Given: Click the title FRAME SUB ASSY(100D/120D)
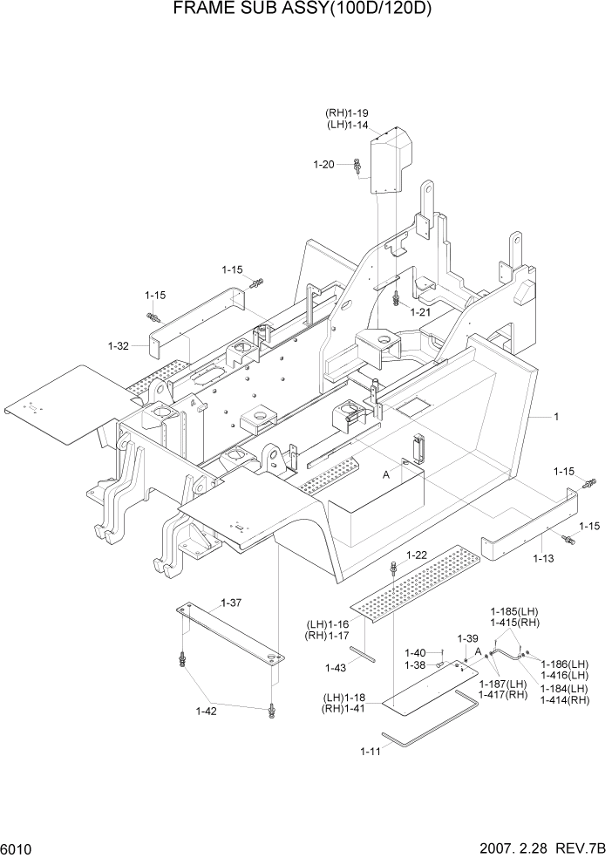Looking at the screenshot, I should click(x=304, y=10).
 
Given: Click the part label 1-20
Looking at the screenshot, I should click(x=323, y=164).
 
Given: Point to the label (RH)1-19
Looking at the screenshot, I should click(x=347, y=113).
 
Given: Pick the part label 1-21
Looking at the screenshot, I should click(x=420, y=312).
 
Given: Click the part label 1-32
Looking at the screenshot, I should click(x=119, y=346).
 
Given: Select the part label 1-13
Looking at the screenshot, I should click(x=543, y=557).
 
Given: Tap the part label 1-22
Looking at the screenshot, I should click(x=416, y=555).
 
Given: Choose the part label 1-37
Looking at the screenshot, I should click(x=231, y=603).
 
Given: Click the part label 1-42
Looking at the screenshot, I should click(x=207, y=711).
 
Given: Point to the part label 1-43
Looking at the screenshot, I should click(x=336, y=668).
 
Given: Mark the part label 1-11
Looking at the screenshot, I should click(x=370, y=752).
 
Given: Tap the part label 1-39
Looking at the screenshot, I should click(x=468, y=638).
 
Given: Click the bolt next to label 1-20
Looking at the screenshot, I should click(x=358, y=166).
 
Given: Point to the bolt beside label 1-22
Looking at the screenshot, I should click(x=395, y=568).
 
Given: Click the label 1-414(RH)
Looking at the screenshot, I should click(x=565, y=700).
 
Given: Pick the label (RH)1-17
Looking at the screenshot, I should click(x=327, y=635).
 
